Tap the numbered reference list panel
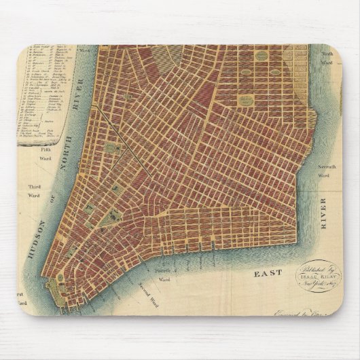click(44, 95)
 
